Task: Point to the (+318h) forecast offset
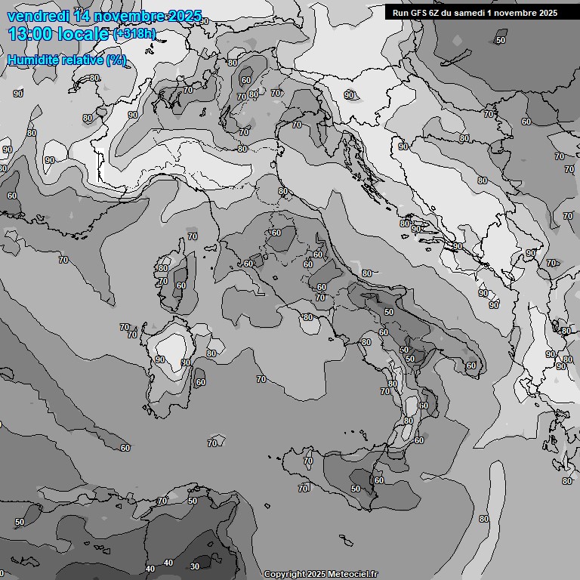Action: tap(134, 34)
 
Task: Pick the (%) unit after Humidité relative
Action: tap(116, 60)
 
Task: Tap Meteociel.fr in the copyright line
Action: tap(352, 575)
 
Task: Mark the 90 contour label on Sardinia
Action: tap(160, 359)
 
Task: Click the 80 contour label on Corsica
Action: tap(162, 268)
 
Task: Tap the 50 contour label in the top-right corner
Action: tap(501, 40)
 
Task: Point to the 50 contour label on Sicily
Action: tap(355, 489)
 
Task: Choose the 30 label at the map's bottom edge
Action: tap(195, 566)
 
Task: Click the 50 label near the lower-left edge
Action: tap(20, 522)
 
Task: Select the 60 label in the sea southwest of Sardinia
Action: tap(125, 448)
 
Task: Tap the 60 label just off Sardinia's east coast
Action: tap(200, 382)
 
